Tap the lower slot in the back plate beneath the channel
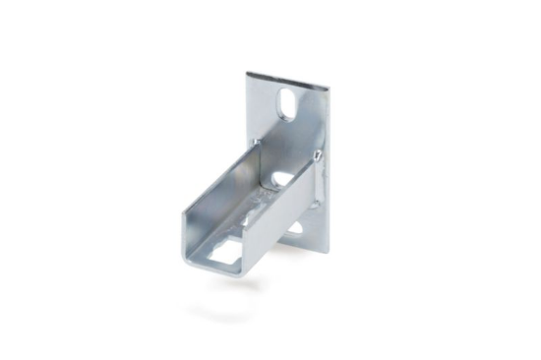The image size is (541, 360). click(295, 228)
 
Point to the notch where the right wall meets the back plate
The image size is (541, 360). click(318, 155)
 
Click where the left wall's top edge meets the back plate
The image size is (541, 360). click(255, 143)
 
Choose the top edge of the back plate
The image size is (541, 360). click(288, 81)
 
